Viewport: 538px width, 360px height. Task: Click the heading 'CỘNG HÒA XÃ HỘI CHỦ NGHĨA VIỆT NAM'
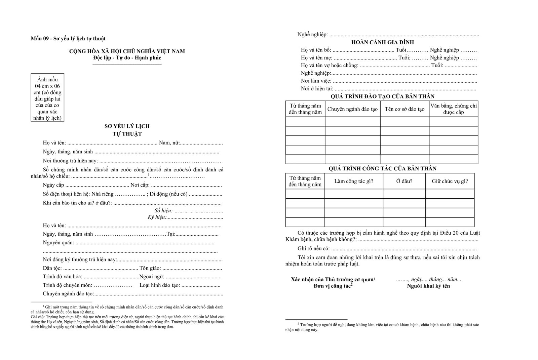click(127, 51)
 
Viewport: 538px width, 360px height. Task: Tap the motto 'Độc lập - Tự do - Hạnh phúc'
click(127, 58)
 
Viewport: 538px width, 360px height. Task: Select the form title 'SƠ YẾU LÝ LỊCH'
click(127, 126)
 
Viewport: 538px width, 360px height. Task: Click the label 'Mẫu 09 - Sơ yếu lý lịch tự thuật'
click(68, 39)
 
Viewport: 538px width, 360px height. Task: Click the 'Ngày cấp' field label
click(53, 185)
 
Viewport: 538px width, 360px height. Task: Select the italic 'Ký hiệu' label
click(157, 217)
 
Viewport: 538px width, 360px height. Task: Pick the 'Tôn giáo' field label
click(150, 269)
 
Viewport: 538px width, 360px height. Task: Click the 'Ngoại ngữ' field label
click(152, 277)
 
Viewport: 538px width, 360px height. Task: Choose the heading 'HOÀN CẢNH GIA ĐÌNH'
click(382, 42)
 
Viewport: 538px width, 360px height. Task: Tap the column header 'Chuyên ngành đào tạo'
click(352, 109)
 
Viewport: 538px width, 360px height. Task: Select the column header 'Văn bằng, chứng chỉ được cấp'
click(453, 109)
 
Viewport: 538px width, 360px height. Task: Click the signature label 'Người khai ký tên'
click(428, 286)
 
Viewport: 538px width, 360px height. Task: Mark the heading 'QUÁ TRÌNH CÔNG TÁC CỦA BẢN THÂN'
click(382, 168)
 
